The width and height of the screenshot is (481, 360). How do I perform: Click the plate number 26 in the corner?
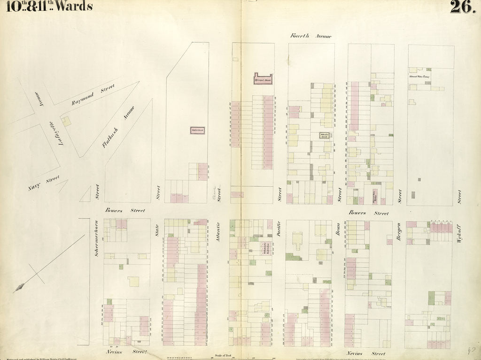[463, 7]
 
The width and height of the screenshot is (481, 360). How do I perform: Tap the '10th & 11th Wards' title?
[50, 6]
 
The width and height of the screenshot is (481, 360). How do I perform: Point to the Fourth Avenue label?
[310, 36]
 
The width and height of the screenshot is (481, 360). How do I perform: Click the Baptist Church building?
[197, 130]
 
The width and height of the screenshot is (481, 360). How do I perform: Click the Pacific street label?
[279, 226]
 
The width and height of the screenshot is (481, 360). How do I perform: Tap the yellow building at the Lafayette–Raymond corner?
[67, 121]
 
